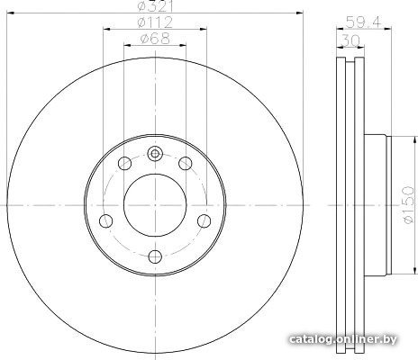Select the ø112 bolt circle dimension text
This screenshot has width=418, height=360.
[154, 22]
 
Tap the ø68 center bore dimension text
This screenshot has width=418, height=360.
[155, 39]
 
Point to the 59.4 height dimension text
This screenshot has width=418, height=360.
[363, 22]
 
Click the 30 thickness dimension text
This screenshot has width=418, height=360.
[350, 40]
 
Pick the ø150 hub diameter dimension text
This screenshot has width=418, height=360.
[408, 205]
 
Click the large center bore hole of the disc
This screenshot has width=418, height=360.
[155, 205]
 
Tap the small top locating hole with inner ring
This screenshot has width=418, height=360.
[155, 154]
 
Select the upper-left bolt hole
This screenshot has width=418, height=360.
[125, 164]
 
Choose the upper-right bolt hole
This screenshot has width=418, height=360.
[186, 164]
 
